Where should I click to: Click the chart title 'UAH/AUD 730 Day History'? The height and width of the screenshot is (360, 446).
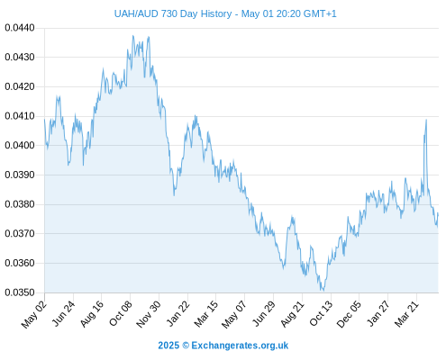coord(173,13)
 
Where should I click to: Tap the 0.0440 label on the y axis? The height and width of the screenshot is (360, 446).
coord(20,28)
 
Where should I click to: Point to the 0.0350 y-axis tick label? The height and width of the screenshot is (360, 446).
coord(20,292)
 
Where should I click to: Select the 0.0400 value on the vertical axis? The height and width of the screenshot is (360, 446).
coord(20,145)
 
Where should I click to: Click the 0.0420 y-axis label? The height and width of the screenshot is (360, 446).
coord(20,86)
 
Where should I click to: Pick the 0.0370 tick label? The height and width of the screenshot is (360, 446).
coord(20,233)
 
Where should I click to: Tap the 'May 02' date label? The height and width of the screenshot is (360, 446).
coord(34,314)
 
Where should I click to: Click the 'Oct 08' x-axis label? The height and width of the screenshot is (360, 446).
coord(121,313)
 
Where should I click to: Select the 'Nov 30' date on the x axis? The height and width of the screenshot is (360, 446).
coord(149,314)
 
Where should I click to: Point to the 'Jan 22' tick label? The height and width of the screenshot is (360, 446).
coord(178,313)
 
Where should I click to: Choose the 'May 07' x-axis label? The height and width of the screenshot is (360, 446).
coord(234,314)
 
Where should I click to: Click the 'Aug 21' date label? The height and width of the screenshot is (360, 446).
coord(293,314)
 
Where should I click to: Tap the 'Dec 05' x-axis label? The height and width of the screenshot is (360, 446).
coord(349,314)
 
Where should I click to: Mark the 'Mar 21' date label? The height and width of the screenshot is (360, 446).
coord(406,314)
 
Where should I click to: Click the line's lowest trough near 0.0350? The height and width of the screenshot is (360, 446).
coord(323,290)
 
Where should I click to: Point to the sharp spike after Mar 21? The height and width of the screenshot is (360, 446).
coord(426,120)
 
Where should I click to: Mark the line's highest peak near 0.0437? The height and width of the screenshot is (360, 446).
coord(133,36)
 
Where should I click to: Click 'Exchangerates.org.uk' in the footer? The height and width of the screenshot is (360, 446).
coord(240,346)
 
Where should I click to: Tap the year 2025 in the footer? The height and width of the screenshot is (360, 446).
coord(168,346)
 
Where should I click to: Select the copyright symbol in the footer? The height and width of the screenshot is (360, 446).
coord(186,346)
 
